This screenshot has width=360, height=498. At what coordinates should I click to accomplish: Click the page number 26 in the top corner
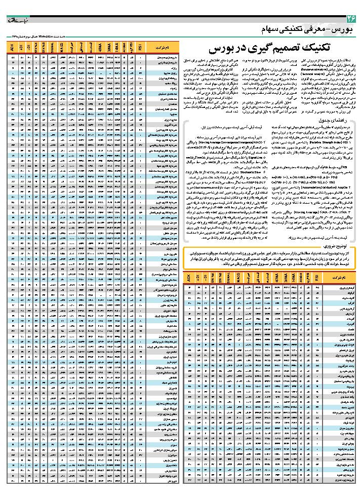[350, 19]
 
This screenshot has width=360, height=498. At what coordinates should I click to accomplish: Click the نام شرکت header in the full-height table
[158, 48]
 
